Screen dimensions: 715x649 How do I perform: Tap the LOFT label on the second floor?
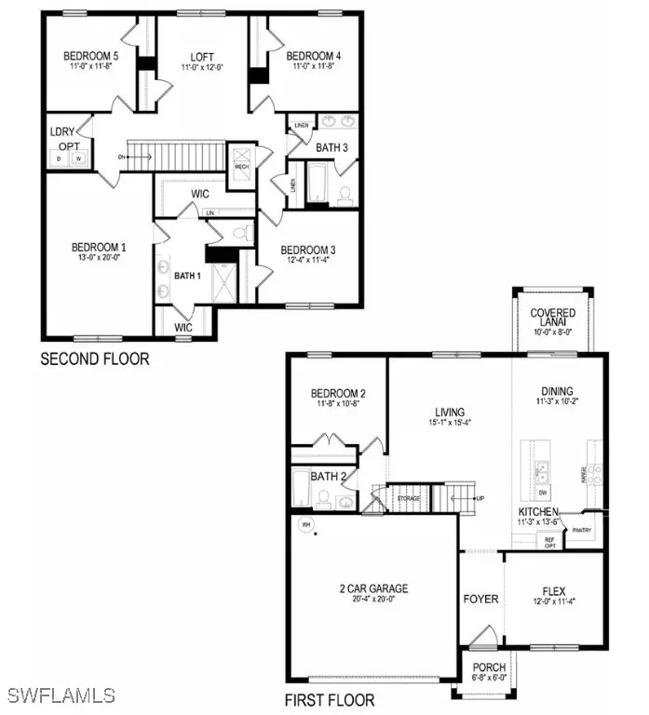202,55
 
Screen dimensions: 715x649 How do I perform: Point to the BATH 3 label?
331,147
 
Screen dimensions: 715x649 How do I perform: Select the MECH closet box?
242,157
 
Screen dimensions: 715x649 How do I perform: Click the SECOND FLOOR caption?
94,358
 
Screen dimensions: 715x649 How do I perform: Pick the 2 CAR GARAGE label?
373,588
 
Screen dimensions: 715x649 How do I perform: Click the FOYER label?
480,599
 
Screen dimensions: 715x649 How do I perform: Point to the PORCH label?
489,668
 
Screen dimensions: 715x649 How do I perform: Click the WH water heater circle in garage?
303,524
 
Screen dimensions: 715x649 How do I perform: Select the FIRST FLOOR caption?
330,699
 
